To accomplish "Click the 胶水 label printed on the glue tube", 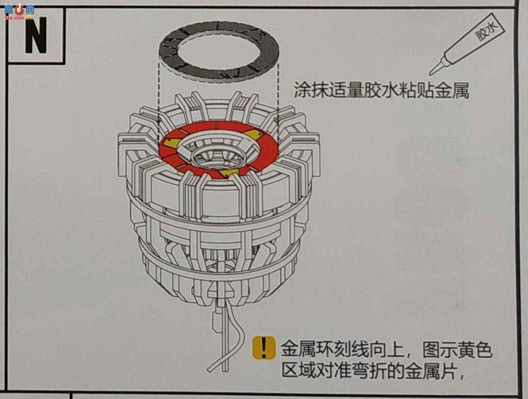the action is coord(486,30).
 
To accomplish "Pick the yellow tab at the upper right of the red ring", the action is coord(252,134).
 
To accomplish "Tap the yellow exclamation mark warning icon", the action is coord(263,347).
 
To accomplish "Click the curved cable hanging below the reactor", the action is coord(233,333).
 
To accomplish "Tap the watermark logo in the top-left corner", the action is coord(19,11).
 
